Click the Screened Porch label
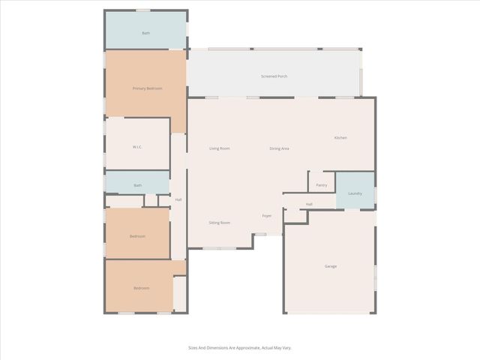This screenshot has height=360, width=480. [x=274, y=76]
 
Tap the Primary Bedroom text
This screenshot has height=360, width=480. [x=147, y=88]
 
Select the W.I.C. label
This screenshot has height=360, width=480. [x=137, y=146]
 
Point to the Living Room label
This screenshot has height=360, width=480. [x=219, y=148]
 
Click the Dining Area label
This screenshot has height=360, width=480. [x=279, y=148]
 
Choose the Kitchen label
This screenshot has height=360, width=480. [x=340, y=137]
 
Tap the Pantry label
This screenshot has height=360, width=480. [x=321, y=184]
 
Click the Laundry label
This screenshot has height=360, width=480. [x=355, y=193]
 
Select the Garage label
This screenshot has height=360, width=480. [x=330, y=266]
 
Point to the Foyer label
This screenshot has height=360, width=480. [x=266, y=216]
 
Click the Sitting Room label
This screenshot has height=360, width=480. [x=219, y=223]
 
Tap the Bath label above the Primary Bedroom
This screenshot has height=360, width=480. [x=145, y=33]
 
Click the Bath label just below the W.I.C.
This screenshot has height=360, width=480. [x=137, y=185]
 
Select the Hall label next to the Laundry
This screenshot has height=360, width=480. [x=308, y=204]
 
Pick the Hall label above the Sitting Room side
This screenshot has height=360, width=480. [x=178, y=199]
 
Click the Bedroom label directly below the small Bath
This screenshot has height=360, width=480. [x=137, y=236]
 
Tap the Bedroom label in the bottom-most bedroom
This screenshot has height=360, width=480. [x=141, y=288]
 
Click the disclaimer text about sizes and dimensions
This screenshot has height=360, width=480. [x=240, y=348]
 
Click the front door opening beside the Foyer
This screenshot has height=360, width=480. [x=260, y=235]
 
